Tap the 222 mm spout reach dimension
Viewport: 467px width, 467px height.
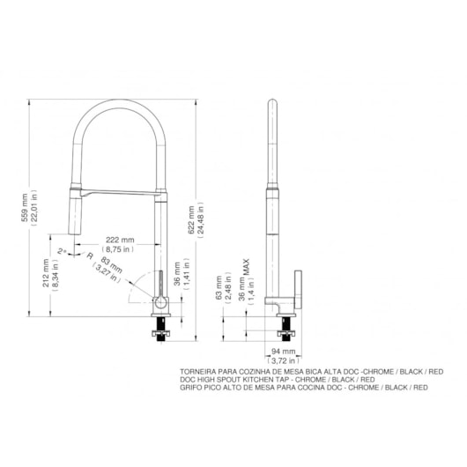point(121,241)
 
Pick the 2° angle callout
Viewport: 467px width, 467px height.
point(61,252)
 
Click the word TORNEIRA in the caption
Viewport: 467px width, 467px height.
point(199,373)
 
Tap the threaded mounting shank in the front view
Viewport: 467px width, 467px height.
point(160,328)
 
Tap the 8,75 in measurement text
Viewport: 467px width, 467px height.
point(121,249)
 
